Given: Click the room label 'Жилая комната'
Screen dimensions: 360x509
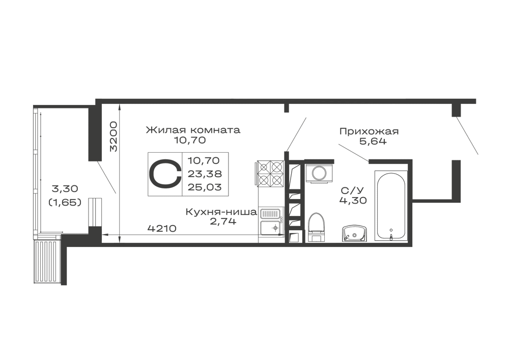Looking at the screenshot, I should (x=192, y=130).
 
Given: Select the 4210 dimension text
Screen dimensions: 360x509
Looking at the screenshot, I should (x=161, y=229).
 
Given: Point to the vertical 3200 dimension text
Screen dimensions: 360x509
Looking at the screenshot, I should (x=113, y=137).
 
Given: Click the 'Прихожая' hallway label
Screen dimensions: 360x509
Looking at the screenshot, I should (x=369, y=132).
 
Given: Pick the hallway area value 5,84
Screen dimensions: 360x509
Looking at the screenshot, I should (x=374, y=142).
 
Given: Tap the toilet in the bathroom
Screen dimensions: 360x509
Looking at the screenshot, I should (x=316, y=227).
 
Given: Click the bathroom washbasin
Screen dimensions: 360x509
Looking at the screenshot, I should (x=353, y=234).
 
